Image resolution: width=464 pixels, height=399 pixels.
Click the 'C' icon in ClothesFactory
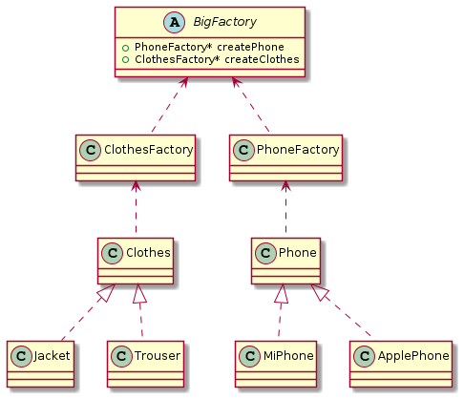[x=89, y=149]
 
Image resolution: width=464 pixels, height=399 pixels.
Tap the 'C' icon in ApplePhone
[x=364, y=356]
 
